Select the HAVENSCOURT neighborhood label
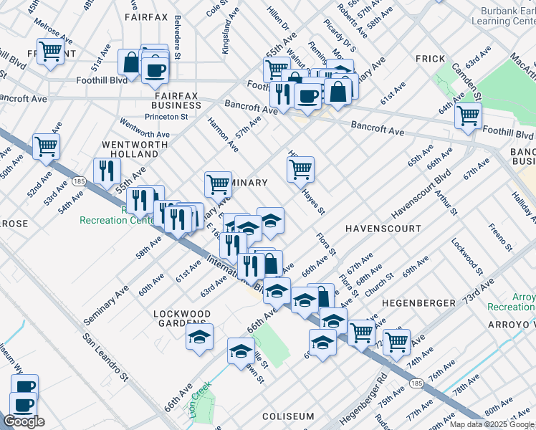click(383, 228)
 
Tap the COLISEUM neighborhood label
click(288, 416)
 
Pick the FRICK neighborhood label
click(430, 59)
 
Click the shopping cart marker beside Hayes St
click(300, 169)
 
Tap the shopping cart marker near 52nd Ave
click(46, 146)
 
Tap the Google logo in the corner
click(24, 421)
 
